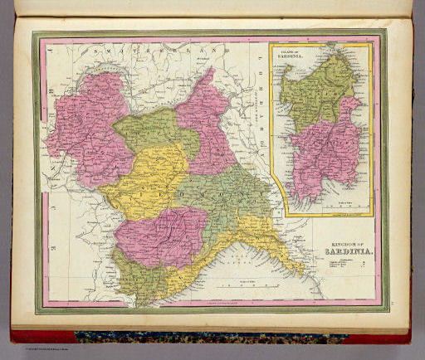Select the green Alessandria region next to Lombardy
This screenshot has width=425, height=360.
coord(224,195)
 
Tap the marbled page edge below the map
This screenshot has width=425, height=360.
coord(208,337)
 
